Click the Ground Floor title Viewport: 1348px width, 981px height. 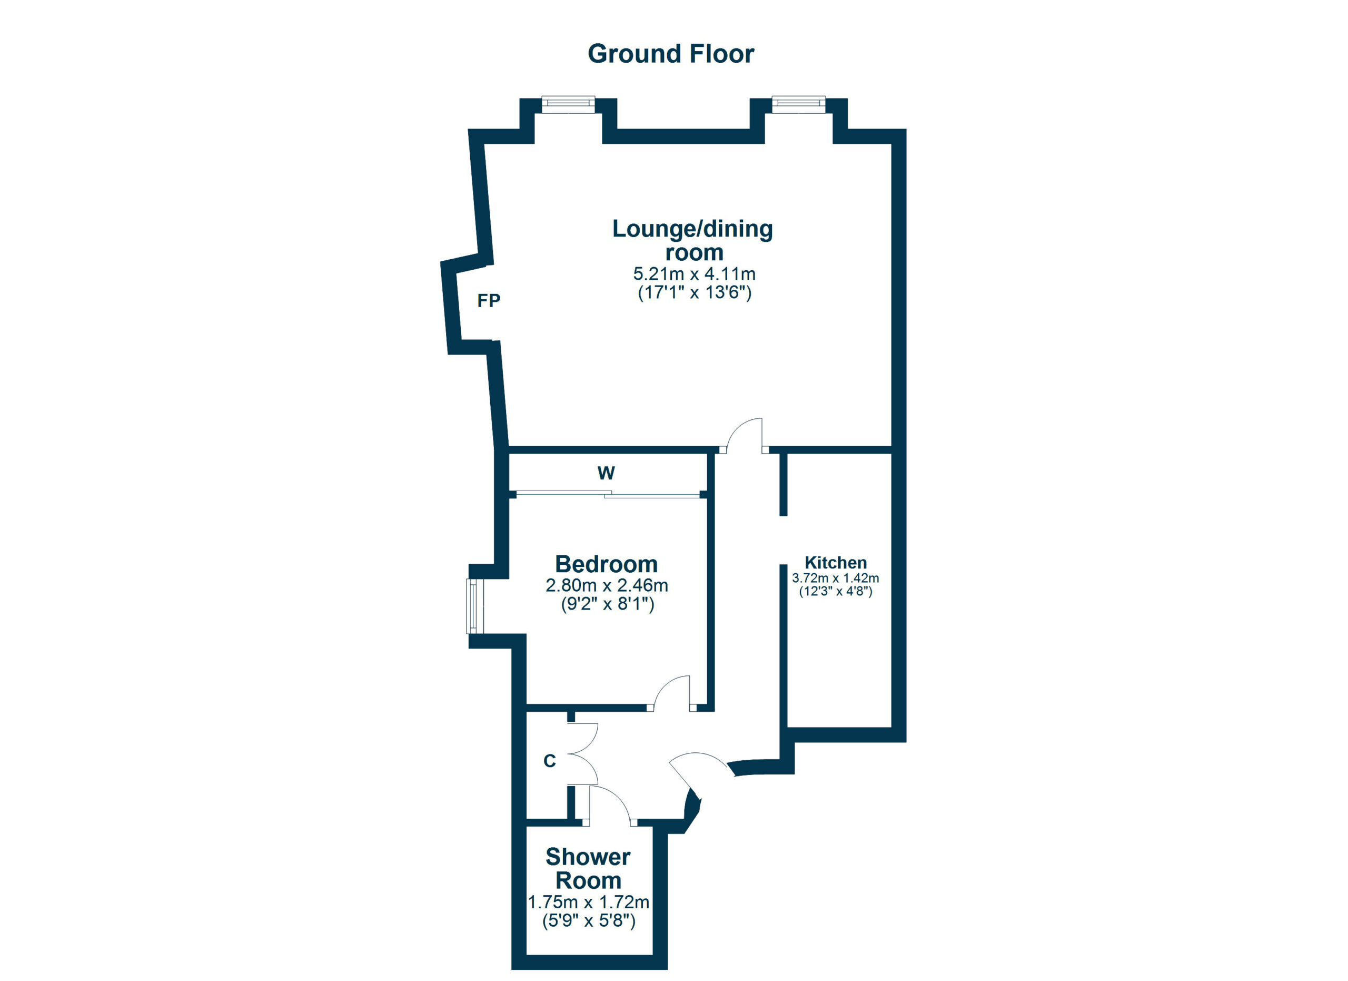pos(670,54)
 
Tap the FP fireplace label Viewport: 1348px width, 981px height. pos(489,301)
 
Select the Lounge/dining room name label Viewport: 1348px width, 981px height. pos(692,240)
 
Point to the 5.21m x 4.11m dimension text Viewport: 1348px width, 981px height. pos(694,274)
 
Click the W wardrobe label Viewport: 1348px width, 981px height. pos(606,473)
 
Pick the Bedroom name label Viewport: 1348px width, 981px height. pos(606,564)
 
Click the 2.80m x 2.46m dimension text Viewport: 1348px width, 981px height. pos(607,585)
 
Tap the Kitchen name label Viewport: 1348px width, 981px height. pos(836,563)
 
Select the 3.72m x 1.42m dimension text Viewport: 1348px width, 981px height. pos(836,578)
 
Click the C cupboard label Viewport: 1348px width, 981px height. pos(550,761)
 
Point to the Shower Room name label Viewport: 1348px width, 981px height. pos(588,869)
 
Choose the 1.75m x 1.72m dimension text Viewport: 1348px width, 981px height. pos(588,902)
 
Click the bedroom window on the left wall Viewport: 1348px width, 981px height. pos(475,606)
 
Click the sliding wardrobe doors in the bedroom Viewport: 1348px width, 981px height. pos(608,494)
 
